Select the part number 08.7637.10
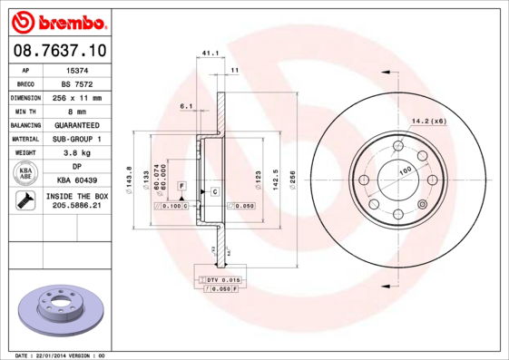pyautogui.click(x=59, y=52)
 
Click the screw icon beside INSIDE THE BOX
pyautogui.click(x=24, y=201)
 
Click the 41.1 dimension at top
pyautogui.click(x=210, y=54)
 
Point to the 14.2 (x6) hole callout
pyautogui.click(x=429, y=121)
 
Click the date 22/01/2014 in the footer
pyautogui.click(x=64, y=355)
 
